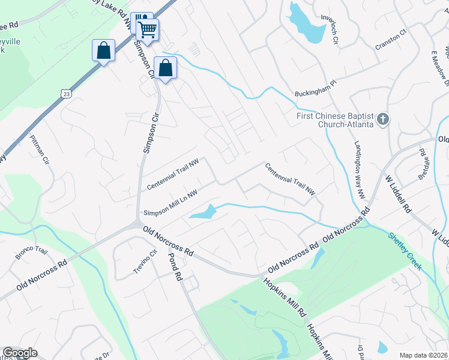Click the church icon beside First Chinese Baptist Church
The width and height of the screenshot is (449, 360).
[x=382, y=120]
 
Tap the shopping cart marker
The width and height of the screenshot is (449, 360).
[x=147, y=29]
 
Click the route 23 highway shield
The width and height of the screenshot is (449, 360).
[x=65, y=93]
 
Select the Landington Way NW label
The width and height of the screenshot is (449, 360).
[x=360, y=171]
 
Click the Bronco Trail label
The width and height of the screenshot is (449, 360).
[x=31, y=254]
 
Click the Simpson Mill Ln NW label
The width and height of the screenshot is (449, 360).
[x=170, y=202]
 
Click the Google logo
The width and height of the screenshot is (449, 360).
[x=20, y=353]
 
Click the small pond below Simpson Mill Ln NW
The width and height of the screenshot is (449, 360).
[x=204, y=212]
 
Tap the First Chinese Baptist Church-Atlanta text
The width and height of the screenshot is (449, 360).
[x=335, y=120]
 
